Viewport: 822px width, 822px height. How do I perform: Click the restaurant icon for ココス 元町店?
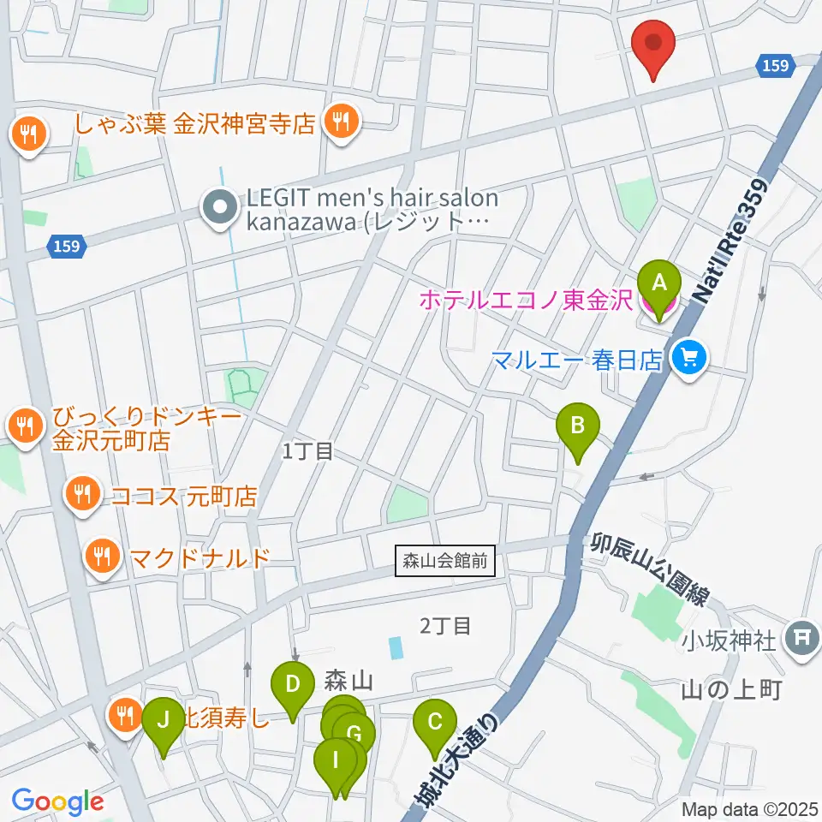[82, 493]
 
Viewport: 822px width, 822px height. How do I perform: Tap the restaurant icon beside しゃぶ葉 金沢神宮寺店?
[341, 122]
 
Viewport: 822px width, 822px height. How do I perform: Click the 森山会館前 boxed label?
[445, 563]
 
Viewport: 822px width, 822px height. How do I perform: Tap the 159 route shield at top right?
[773, 66]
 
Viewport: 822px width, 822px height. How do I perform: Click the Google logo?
[57, 801]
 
